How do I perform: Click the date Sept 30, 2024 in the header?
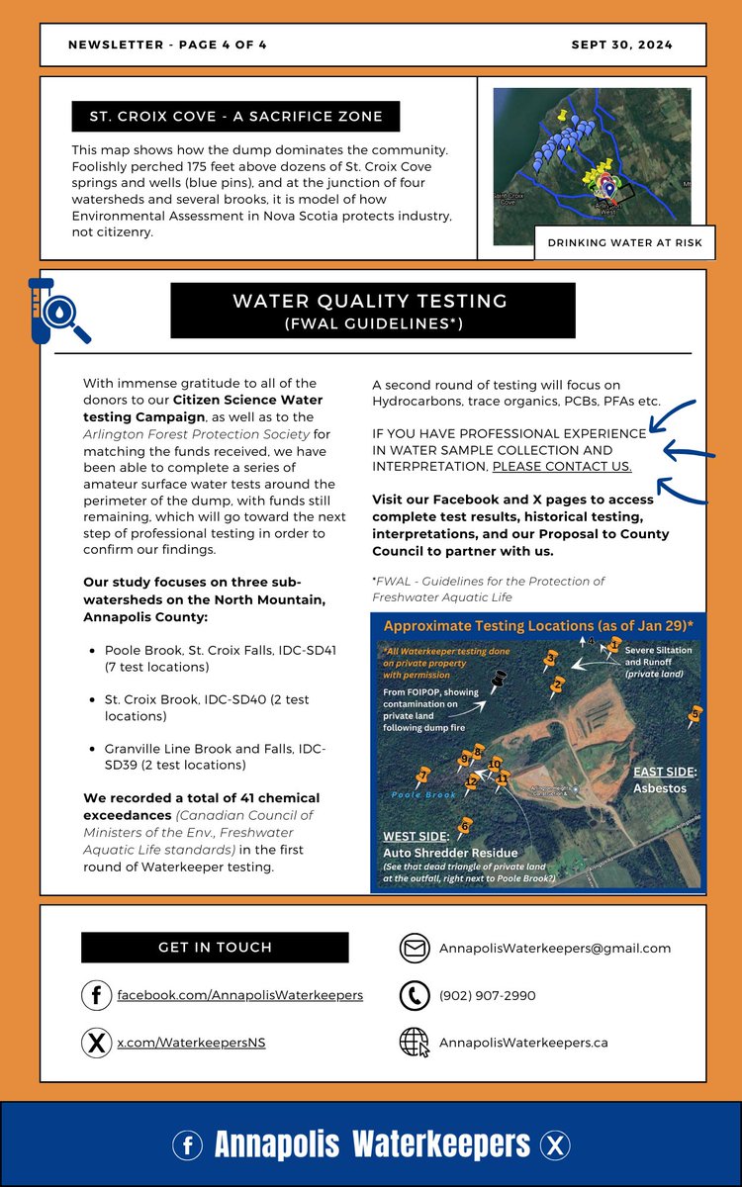coord(621,46)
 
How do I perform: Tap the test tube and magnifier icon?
coord(56,310)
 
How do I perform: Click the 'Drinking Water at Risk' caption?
coord(619,244)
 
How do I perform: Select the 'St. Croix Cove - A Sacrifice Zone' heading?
coord(235,117)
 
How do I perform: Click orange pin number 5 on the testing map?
coord(696,713)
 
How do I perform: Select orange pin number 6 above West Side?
coord(464,824)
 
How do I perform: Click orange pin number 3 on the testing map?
coord(550,659)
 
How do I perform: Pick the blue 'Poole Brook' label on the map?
coord(422,794)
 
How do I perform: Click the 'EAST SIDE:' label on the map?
coord(665,771)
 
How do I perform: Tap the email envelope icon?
coord(415,948)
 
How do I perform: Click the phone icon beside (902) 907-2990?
coord(415,995)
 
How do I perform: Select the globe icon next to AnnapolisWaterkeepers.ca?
coord(415,1043)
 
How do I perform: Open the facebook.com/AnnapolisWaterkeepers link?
coord(239,995)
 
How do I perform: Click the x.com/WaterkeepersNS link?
coord(191,1043)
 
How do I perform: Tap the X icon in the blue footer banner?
coord(556,1145)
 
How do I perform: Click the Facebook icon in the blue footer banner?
coord(187,1145)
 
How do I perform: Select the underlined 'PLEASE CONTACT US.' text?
coord(562,466)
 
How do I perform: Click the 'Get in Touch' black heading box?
coord(215,948)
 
